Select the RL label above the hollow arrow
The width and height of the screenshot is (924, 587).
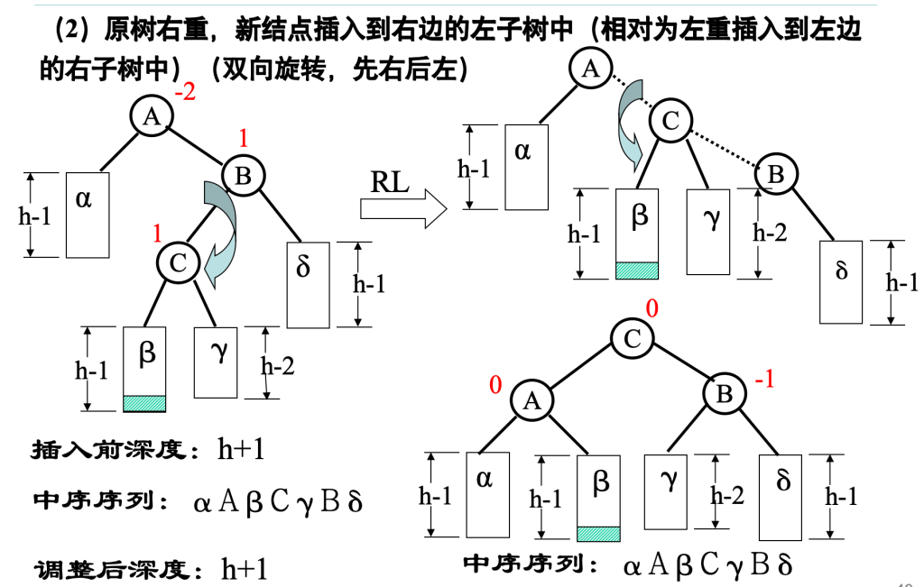(390, 182)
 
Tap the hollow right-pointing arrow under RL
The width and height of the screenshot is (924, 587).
(402, 210)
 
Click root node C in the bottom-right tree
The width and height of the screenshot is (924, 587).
(632, 339)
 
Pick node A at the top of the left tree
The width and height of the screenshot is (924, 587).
(152, 115)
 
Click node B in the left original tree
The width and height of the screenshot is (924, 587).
(244, 176)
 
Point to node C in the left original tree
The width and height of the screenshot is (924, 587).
(178, 262)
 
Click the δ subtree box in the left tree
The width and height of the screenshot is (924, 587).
(309, 284)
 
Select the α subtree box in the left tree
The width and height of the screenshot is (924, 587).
(88, 215)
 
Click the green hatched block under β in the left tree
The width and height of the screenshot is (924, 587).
(144, 403)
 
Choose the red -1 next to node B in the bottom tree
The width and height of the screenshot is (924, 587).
(764, 381)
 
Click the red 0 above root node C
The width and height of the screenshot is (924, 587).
(651, 309)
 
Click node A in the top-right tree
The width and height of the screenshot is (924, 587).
(591, 69)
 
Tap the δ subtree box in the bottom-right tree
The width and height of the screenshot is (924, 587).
(782, 496)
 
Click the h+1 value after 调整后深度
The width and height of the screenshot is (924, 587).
(245, 568)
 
